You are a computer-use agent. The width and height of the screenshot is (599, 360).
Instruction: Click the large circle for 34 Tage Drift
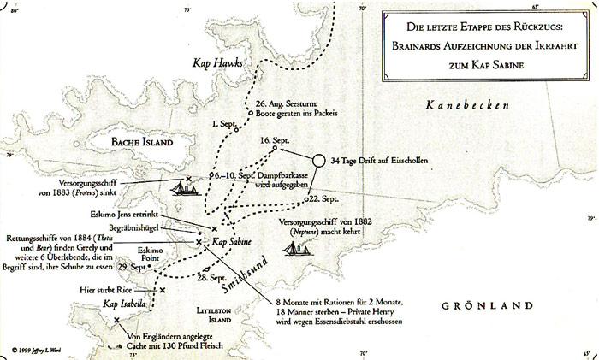pos(318,161)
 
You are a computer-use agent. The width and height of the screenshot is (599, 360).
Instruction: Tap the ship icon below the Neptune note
pos(294,251)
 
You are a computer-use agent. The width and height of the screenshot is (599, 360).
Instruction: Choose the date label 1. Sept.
pos(222,123)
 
